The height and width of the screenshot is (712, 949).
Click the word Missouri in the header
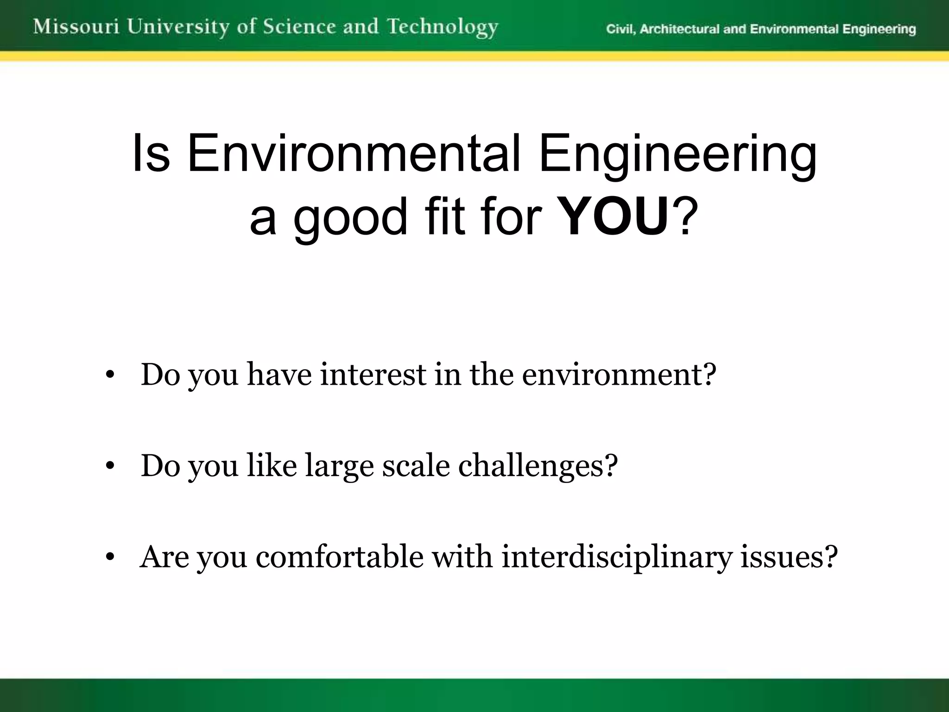(76, 27)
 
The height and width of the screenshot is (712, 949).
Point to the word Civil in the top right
(621, 30)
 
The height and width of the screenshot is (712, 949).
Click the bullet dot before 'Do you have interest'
(109, 375)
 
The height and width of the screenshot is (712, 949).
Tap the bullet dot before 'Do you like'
(109, 466)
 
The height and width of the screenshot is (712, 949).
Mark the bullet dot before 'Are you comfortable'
(109, 558)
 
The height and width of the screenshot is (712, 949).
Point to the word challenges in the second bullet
(538, 466)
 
